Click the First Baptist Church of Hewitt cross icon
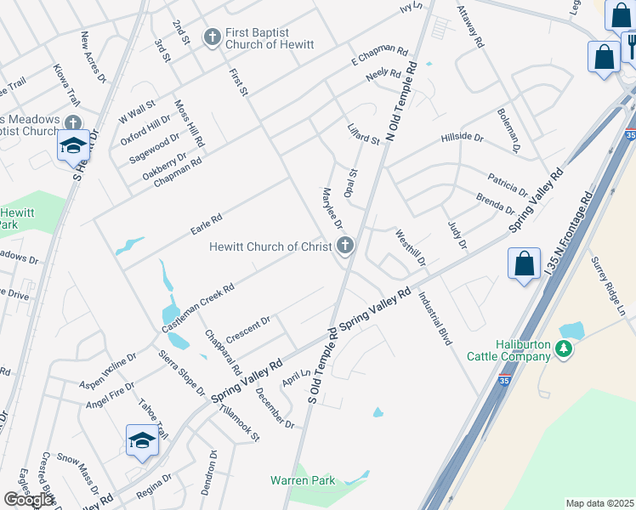coord(212,37)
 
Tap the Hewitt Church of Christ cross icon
coord(344,246)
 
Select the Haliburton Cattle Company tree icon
coord(563,348)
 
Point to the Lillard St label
coord(363,133)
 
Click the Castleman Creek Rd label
coord(198,308)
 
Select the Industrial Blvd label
coord(434,318)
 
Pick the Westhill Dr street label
coord(410,249)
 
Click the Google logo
coord(29,500)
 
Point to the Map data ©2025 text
coord(599,503)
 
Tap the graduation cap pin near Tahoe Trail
coord(142,439)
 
